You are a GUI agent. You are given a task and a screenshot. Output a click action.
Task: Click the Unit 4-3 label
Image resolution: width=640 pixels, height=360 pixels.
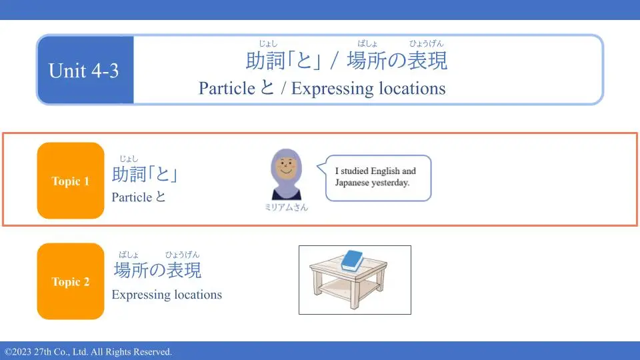[x=84, y=71]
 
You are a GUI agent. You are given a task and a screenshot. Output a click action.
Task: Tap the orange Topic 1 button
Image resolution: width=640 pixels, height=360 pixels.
[x=71, y=181]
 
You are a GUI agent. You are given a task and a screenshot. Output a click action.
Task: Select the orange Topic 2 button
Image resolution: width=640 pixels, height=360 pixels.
[x=71, y=281]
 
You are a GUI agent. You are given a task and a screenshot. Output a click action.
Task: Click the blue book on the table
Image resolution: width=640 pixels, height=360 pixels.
[x=352, y=261]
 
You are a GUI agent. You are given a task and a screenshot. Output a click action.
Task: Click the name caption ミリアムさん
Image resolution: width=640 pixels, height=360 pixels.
[x=286, y=207]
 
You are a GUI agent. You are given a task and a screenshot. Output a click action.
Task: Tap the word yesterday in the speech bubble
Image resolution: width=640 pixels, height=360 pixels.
[x=390, y=183]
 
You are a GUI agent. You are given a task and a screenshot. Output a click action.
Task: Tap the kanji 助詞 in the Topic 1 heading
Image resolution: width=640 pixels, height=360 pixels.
[x=129, y=174]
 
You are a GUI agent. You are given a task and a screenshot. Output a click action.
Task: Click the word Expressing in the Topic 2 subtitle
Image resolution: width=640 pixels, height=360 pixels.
[x=137, y=295]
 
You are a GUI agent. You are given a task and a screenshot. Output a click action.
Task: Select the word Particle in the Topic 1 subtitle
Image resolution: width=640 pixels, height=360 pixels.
[x=132, y=197]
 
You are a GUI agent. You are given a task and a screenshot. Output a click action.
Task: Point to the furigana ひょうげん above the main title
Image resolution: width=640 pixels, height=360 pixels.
[x=426, y=43]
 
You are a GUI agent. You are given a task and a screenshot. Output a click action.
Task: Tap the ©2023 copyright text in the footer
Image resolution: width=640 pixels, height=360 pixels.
[x=18, y=352]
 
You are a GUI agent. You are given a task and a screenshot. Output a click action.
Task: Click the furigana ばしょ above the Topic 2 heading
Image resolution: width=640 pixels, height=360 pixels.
[x=129, y=255]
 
